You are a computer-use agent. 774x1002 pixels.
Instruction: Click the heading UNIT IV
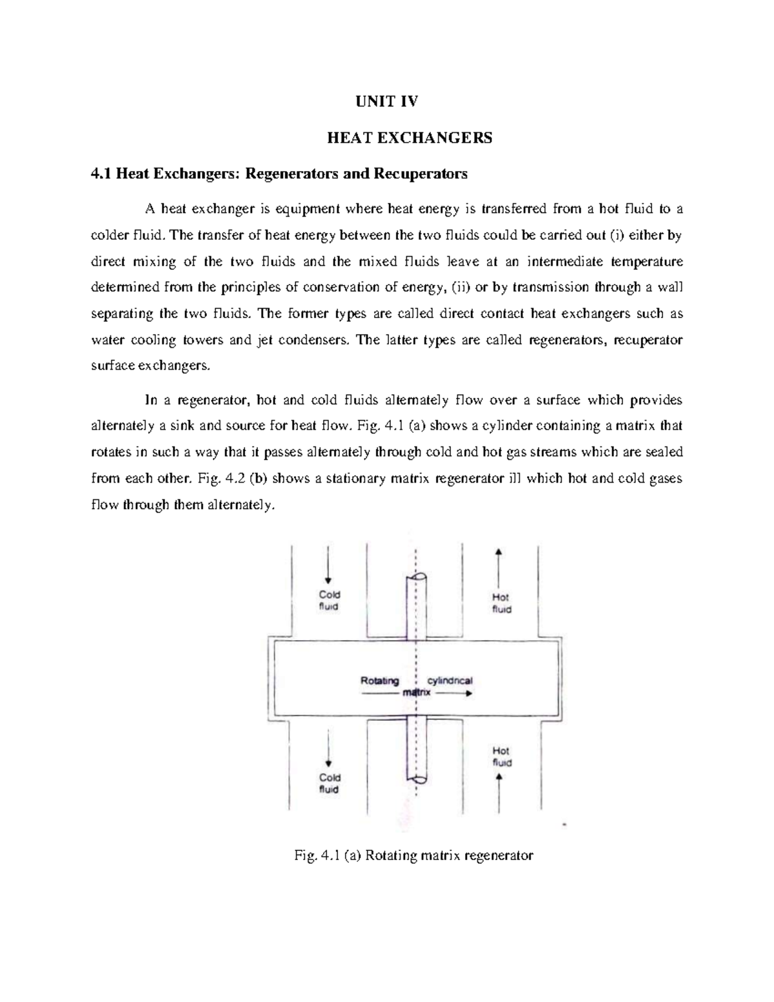click(x=388, y=101)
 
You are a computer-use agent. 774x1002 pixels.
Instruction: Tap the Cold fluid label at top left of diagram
click(x=330, y=600)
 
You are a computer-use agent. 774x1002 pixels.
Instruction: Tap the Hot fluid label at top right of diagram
click(x=501, y=603)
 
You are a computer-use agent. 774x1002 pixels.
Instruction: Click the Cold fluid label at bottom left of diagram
click(x=330, y=783)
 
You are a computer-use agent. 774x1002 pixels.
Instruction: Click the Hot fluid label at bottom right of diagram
click(x=501, y=756)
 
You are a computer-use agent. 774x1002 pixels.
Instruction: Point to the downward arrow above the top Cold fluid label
click(x=329, y=565)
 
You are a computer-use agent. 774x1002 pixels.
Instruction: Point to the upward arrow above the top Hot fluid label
click(x=499, y=565)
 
